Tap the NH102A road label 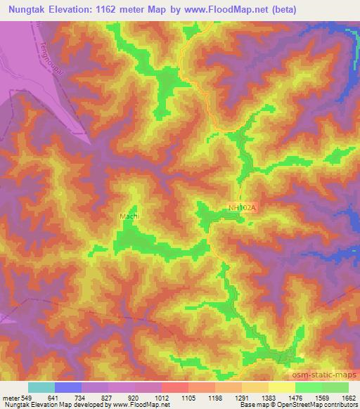tap(243, 207)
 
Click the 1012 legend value tap(162, 397)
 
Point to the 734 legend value tap(82, 397)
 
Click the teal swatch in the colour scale tap(41, 387)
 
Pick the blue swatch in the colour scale tap(68, 387)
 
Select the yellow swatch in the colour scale tap(282, 387)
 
